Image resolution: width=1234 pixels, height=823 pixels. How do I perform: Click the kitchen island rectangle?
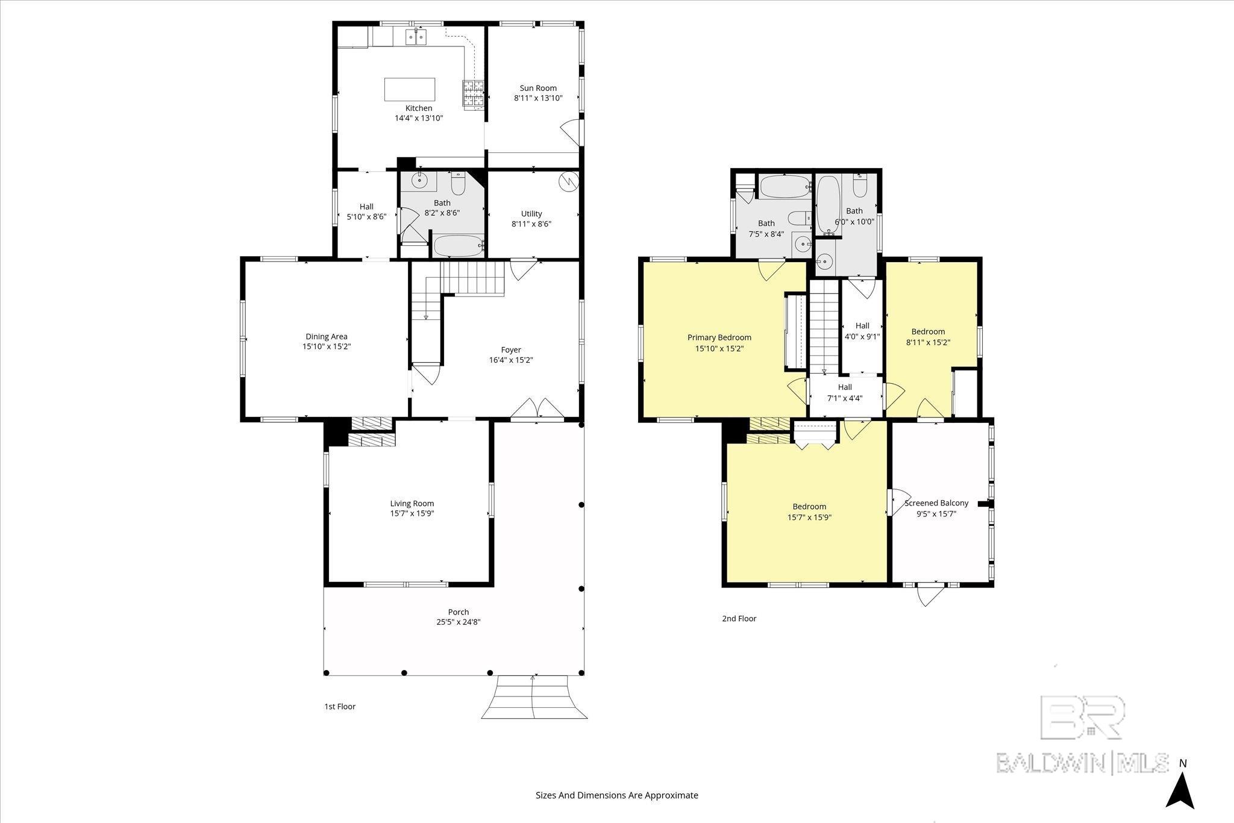(410, 89)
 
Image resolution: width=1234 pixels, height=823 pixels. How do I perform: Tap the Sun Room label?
(538, 88)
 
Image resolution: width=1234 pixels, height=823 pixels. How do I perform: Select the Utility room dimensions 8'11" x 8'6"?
(531, 224)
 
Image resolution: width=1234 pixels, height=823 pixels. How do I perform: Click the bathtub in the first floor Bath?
(459, 246)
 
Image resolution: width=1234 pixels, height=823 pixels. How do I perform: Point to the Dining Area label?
(326, 337)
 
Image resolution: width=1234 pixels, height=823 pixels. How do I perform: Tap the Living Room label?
(412, 504)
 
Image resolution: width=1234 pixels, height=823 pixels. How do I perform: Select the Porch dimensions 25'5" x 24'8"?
(459, 622)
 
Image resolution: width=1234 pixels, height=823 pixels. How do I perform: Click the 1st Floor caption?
(340, 707)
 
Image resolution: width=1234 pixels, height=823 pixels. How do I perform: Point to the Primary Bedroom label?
(719, 337)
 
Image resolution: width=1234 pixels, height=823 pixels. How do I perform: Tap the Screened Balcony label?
(936, 503)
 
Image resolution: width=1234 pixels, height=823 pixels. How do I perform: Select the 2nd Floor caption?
(739, 619)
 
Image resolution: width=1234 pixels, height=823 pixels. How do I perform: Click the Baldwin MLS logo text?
(1082, 763)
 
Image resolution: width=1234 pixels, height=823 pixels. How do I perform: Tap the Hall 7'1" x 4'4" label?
(845, 387)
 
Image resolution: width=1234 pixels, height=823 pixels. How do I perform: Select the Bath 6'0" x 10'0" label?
(854, 211)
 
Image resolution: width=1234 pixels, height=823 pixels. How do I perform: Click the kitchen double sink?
(415, 37)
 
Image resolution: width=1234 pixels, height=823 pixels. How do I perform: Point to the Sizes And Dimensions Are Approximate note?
(616, 795)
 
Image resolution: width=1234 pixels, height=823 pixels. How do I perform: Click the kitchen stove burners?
(474, 93)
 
